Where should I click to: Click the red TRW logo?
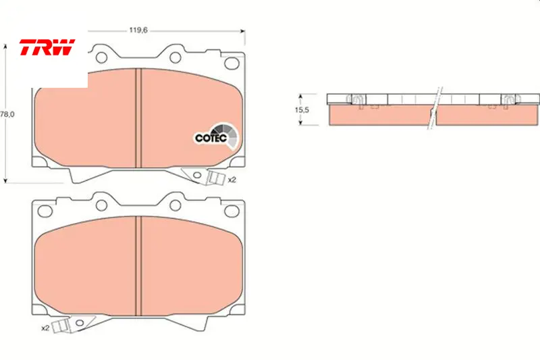tap(47, 47)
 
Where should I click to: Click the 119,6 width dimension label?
tap(138, 30)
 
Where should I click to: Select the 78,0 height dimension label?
tap(7, 114)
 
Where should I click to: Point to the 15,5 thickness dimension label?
tap(302, 110)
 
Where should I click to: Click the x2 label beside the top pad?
tap(232, 180)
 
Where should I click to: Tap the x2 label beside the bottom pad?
tap(45, 328)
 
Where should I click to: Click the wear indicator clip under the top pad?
tap(215, 178)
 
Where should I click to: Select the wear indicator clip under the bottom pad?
tap(61, 326)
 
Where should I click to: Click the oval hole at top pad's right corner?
tap(232, 63)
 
